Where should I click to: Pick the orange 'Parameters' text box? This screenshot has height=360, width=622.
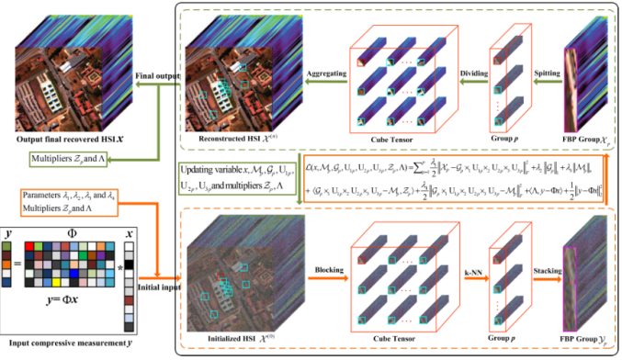point(68,201)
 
